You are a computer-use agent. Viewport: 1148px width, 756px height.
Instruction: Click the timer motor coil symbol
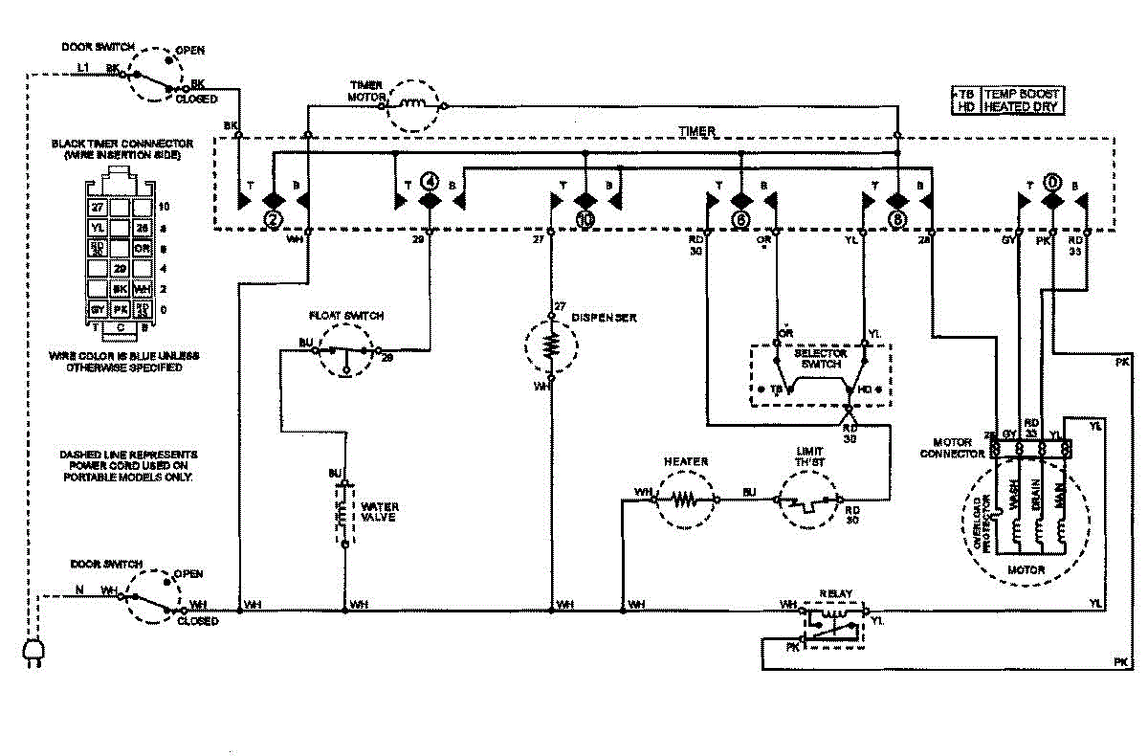tap(415, 102)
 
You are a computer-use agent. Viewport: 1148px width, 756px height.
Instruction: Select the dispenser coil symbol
tap(551, 346)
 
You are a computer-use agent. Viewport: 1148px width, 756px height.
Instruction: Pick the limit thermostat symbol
tap(809, 500)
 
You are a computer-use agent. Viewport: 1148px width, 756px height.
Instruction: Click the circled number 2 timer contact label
tap(273, 219)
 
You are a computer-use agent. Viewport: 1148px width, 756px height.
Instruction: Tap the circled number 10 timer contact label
tap(585, 219)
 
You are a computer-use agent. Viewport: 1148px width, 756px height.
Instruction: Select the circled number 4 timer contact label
tap(430, 181)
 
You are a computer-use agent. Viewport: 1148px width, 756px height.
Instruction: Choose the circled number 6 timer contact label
tap(740, 219)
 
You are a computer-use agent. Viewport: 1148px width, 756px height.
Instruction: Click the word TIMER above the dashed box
tap(696, 130)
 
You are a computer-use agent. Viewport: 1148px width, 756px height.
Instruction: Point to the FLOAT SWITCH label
tap(345, 315)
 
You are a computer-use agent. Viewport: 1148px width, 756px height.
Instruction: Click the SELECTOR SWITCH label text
tap(821, 359)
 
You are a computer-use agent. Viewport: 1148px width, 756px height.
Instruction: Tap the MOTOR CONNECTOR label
tap(952, 448)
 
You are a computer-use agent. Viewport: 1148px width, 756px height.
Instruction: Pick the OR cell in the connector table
tap(143, 248)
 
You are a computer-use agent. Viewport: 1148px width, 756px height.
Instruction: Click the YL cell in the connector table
tap(98, 228)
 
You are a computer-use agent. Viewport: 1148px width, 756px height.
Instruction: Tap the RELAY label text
tap(835, 593)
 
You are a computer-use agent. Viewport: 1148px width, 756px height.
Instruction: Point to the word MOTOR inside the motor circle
tap(1026, 570)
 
